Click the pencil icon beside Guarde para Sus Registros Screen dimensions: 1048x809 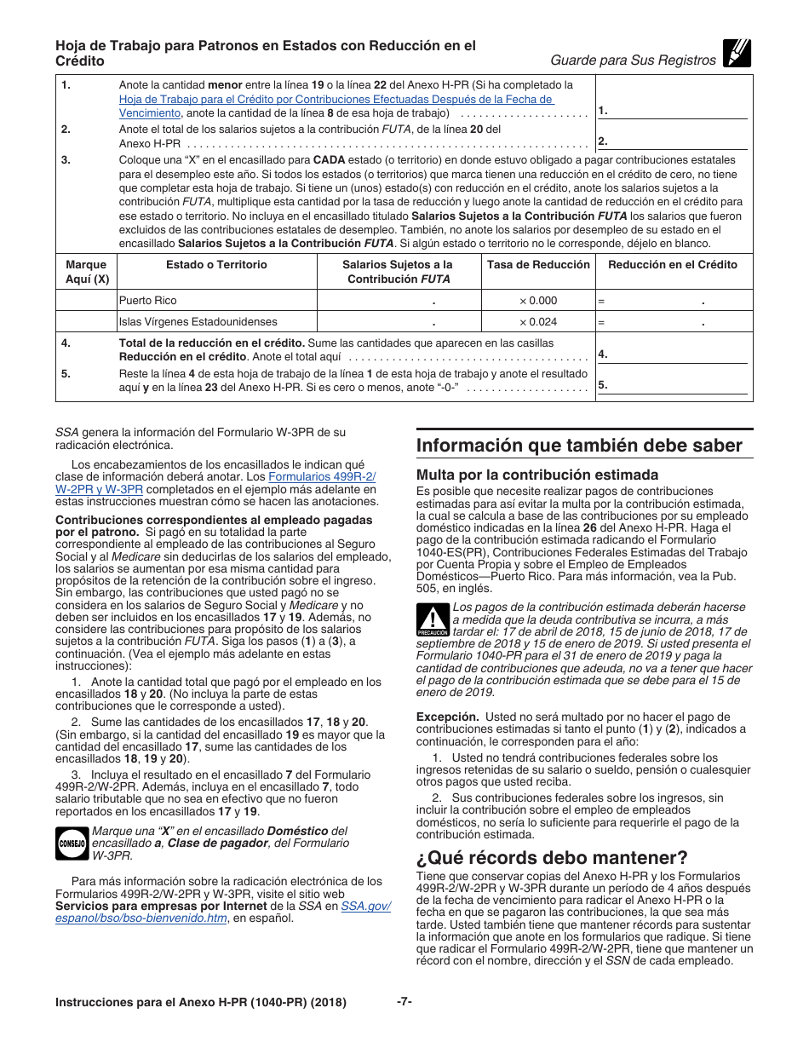[x=736, y=55]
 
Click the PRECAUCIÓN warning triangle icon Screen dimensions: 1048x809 [x=433, y=620]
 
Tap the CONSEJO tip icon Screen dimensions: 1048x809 [x=72, y=843]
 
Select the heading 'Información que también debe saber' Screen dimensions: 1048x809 [x=579, y=446]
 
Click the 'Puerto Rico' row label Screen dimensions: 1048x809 [x=148, y=301]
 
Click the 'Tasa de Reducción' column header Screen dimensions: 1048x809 [x=538, y=265]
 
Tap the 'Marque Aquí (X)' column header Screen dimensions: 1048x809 [x=86, y=272]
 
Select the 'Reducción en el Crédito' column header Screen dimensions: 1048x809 [x=673, y=265]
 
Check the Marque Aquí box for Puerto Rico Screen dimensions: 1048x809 [x=86, y=301]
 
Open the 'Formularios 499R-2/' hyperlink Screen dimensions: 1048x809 [x=322, y=476]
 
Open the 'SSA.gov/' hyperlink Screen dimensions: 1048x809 [x=365, y=905]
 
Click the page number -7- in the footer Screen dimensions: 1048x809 [x=404, y=1002]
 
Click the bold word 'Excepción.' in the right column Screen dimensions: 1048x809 [x=446, y=717]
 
